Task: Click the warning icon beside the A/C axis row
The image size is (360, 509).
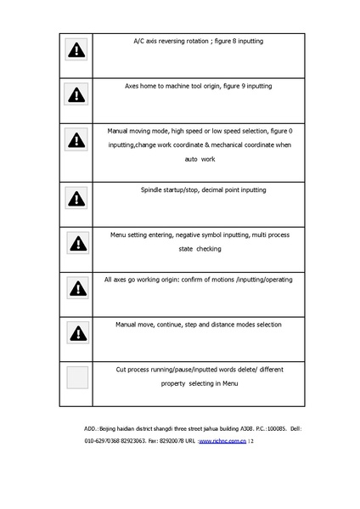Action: tap(76, 51)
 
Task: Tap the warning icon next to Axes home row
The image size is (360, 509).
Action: tap(76, 96)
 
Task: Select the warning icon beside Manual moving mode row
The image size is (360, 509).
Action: tap(76, 141)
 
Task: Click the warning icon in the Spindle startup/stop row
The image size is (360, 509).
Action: tap(76, 199)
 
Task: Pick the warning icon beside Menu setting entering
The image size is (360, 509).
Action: tap(78, 244)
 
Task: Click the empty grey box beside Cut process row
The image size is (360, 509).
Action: tap(78, 377)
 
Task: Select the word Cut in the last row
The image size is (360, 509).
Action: tap(121, 369)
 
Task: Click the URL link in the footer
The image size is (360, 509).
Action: tap(222, 442)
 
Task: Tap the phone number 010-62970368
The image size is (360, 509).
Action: tap(104, 442)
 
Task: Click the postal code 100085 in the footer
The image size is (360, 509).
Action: tap(276, 430)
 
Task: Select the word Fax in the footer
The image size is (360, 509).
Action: tap(154, 442)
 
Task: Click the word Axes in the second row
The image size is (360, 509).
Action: tap(133, 86)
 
